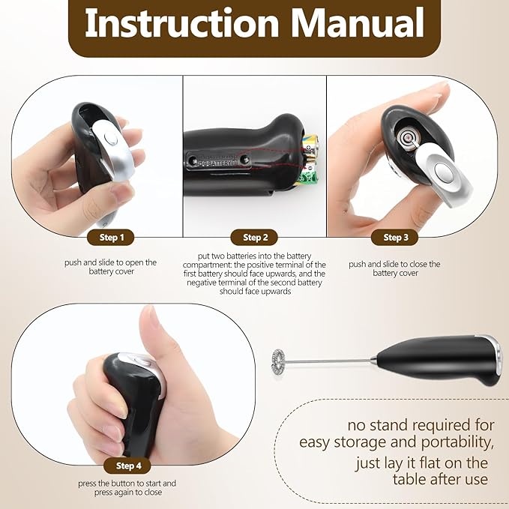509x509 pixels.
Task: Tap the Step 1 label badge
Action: pos(111,238)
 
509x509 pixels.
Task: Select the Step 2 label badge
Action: pos(254,238)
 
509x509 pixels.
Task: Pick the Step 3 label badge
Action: pos(394,238)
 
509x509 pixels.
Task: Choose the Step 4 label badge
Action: pos(127,466)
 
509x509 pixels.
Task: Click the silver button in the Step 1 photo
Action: pos(111,139)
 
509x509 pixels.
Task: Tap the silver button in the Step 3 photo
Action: pos(442,172)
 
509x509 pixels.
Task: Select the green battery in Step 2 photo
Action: pos(307,175)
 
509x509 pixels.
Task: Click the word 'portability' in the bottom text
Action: pos(457,443)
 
